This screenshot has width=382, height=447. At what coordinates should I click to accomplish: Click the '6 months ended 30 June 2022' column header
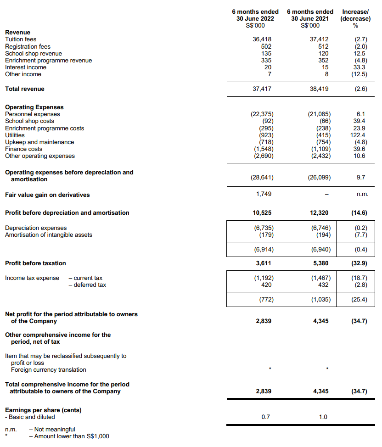pos(255,18)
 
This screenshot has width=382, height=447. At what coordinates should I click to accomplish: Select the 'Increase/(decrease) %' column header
pos(355,18)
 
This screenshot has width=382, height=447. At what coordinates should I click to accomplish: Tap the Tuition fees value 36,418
pos(263,39)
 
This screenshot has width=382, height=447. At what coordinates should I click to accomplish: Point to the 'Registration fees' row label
pos(28,46)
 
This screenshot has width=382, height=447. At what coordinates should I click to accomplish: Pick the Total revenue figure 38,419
pos(320,89)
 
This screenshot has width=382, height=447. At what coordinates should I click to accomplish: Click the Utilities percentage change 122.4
pos(357,135)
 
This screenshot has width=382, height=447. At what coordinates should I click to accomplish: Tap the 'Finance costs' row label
pos(23,149)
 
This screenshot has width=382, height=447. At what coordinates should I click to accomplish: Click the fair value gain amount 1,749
pos(264,194)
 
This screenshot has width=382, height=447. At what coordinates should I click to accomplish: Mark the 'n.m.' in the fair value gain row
pos(362,195)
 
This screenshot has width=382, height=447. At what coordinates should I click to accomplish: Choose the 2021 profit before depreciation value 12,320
pos(319,213)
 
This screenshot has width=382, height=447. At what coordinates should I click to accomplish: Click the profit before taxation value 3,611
pos(264,263)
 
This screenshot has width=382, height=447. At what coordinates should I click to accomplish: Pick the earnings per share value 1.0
pos(323,417)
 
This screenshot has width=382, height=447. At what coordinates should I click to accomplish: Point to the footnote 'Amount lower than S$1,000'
pos(68,436)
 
